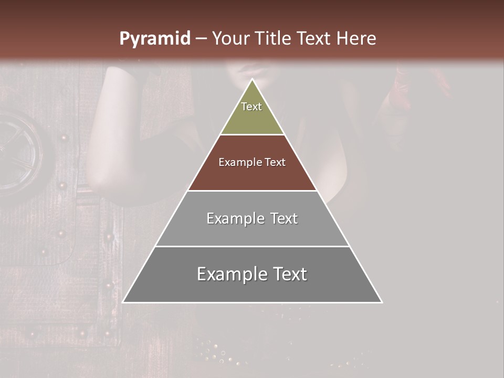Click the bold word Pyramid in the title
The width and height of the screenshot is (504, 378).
coord(154,39)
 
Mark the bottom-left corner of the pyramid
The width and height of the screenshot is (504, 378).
coord(123,302)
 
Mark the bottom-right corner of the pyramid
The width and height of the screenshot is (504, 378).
coord(382,302)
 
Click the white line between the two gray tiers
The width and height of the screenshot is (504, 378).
coord(252,246)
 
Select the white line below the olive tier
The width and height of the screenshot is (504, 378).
coord(252,134)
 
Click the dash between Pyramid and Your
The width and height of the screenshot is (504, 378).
coord(201,39)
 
